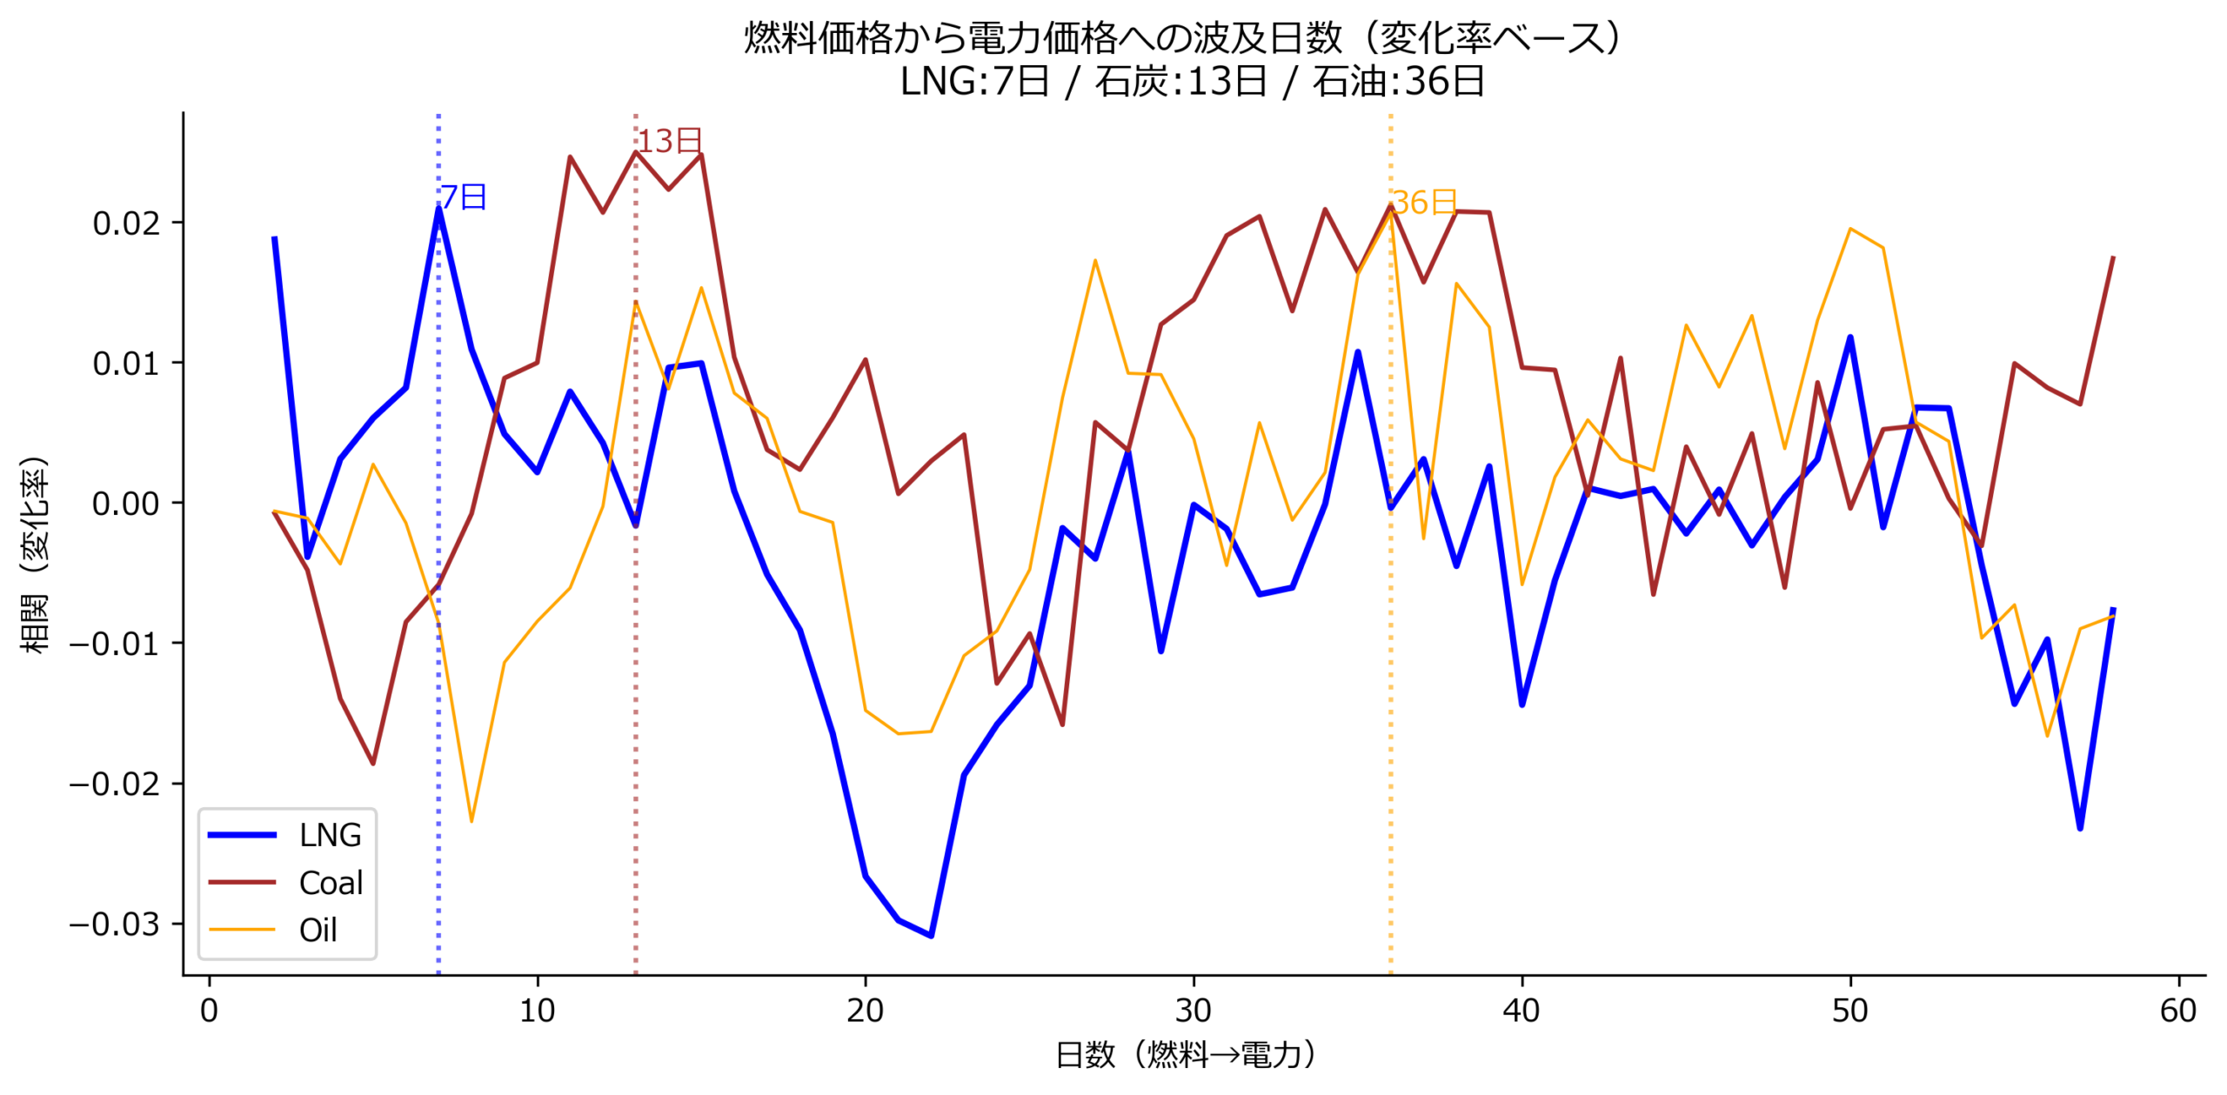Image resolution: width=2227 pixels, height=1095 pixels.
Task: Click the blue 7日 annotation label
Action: [x=463, y=197]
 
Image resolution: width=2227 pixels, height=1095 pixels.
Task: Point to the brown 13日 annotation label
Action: [x=670, y=141]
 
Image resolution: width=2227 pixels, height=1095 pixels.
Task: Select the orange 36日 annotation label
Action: [x=1424, y=203]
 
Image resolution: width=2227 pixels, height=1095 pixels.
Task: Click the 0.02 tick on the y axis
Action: [x=126, y=224]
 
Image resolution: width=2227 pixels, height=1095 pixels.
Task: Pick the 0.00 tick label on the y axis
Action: [x=126, y=504]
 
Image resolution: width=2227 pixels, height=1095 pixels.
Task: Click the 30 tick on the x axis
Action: [x=1193, y=1011]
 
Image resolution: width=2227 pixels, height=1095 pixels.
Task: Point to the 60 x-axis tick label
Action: [x=2177, y=1011]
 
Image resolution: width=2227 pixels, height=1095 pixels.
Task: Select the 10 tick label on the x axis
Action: [x=537, y=1011]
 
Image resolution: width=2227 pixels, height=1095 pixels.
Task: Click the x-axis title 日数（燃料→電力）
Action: [x=1185, y=1055]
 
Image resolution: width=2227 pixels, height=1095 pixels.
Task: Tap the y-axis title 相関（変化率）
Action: [x=35, y=555]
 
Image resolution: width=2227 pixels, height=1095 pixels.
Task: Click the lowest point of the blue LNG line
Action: [x=931, y=936]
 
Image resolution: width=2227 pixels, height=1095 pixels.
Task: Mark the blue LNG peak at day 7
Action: [x=438, y=209]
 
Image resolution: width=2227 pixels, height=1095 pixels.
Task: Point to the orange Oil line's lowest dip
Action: [x=471, y=821]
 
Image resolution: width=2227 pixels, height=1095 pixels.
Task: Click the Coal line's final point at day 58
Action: [x=2113, y=257]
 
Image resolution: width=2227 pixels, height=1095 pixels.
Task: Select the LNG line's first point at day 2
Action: [x=274, y=237]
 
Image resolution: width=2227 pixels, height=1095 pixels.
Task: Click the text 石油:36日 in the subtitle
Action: [x=1398, y=82]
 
